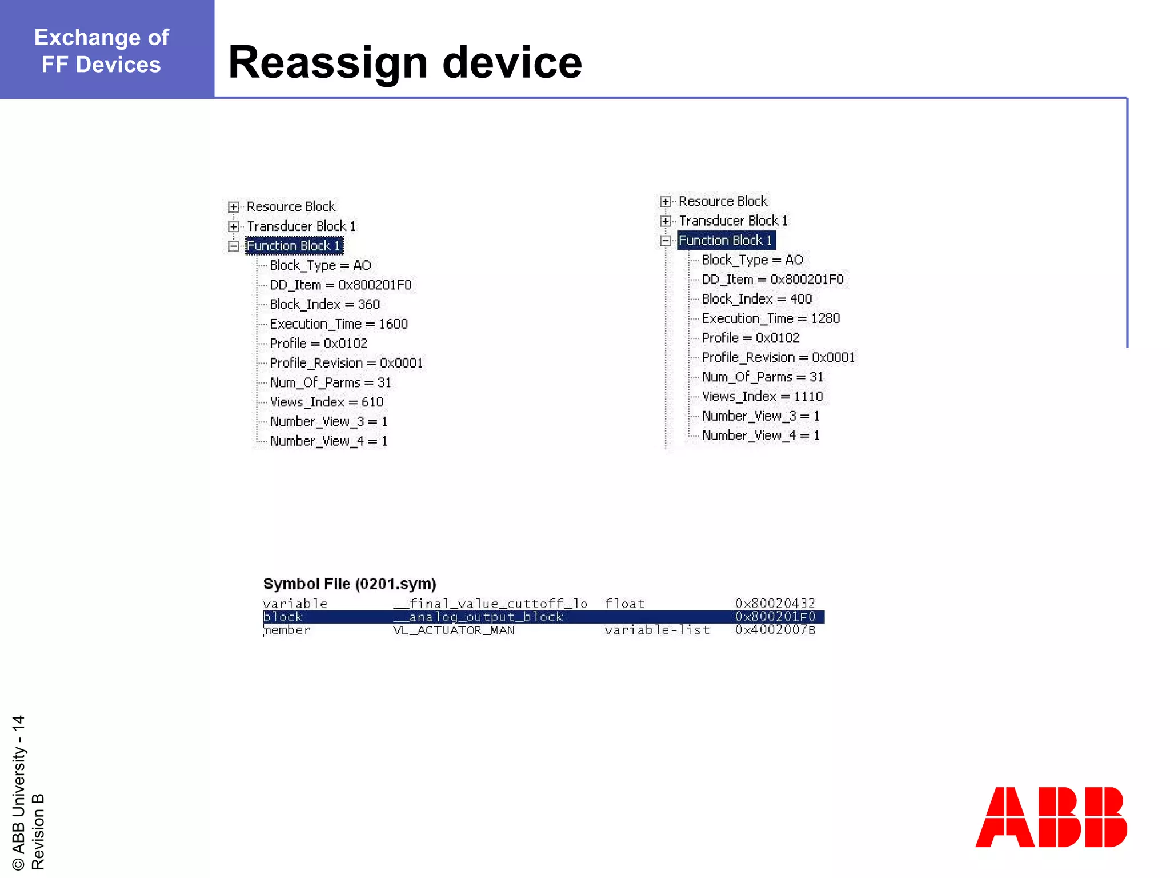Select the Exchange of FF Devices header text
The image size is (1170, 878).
(102, 51)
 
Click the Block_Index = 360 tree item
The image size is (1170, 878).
(324, 304)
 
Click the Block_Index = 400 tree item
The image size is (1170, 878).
(756, 299)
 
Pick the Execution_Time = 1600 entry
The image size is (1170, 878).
(338, 324)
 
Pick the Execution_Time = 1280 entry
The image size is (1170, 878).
(770, 318)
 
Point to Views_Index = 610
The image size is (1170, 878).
(326, 402)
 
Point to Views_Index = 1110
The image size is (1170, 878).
(762, 396)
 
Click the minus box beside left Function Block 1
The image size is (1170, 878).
(233, 246)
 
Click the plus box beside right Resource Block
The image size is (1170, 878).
(665, 202)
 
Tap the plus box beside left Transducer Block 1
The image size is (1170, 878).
(233, 226)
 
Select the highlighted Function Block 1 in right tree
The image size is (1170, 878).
(726, 241)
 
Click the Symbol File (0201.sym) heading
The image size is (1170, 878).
(349, 584)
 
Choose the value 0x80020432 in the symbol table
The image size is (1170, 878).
(775, 604)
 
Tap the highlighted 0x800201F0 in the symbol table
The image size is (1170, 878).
(775, 617)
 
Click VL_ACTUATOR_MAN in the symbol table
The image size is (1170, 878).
(454, 630)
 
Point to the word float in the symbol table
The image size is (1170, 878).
(624, 604)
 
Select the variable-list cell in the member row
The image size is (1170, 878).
(657, 630)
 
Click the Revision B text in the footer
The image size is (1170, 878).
(38, 831)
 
